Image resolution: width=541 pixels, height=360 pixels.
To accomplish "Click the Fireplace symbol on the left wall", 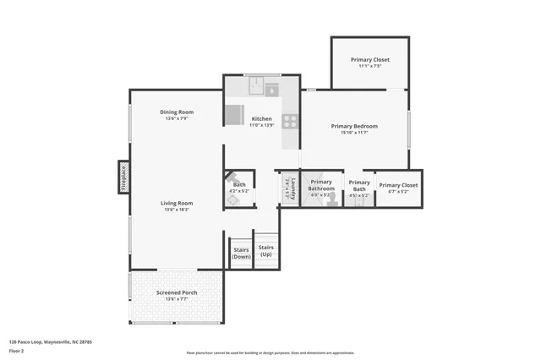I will click(123, 178).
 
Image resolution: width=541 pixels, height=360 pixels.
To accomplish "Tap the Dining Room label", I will click(178, 112).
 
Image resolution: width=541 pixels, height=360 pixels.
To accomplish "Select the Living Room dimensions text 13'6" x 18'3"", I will click(178, 210).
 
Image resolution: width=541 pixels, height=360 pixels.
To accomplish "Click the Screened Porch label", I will click(177, 292).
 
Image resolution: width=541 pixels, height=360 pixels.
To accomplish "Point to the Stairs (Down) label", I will click(241, 252).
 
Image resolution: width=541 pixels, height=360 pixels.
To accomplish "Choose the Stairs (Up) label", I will click(266, 250).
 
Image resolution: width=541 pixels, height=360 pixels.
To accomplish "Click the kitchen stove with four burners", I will click(290, 122).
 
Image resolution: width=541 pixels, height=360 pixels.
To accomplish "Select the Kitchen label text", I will click(262, 119).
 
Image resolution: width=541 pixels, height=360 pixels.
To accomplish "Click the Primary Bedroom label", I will click(353, 126).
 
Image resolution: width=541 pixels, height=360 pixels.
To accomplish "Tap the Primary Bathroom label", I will click(321, 185).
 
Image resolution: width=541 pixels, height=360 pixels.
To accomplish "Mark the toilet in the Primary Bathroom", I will click(333, 199).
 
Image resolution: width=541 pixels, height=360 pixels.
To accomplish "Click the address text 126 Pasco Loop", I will click(50, 341).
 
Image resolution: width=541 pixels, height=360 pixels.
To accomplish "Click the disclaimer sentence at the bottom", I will click(270, 353).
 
